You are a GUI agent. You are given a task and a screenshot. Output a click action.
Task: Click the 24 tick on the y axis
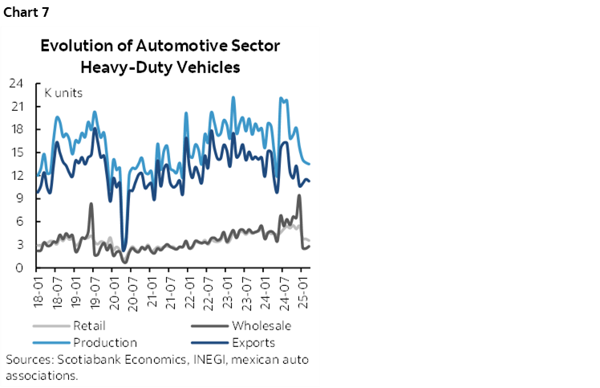coord(15,84)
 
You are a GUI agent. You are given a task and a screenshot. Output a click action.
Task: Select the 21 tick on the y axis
coord(15,107)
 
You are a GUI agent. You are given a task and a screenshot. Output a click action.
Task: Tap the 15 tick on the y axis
coord(15,153)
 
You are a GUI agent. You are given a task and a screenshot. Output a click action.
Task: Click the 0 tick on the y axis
coord(18,268)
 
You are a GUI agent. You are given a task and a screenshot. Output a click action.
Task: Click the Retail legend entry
coord(88,326)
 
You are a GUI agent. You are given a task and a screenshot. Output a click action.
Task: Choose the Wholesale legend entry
coord(261,326)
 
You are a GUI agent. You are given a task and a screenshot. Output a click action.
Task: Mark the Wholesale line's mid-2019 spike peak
coord(91,204)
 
